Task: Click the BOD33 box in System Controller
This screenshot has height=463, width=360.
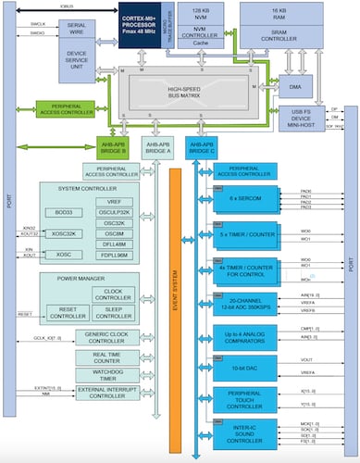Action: pos(65,213)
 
